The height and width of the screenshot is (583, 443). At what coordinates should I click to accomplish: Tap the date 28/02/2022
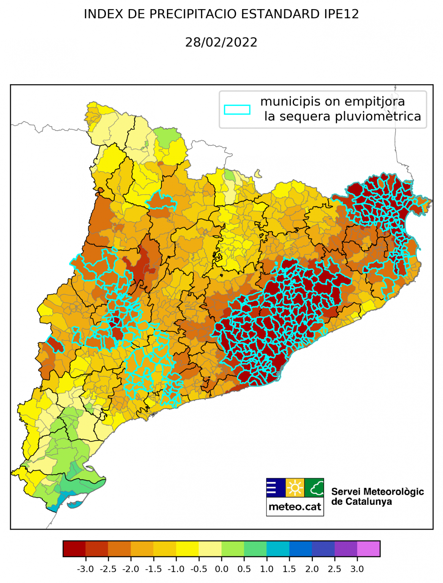(x=221, y=42)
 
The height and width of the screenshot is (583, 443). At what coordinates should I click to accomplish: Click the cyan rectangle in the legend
(x=237, y=110)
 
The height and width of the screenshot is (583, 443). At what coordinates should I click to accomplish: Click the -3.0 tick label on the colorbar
(x=85, y=569)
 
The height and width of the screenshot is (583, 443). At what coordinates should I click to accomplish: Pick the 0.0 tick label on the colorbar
(x=221, y=569)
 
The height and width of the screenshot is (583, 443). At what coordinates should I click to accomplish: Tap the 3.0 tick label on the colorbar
(x=357, y=569)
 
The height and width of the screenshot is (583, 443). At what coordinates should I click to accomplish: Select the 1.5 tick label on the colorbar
(x=289, y=569)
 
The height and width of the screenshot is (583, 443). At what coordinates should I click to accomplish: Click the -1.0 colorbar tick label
(x=176, y=569)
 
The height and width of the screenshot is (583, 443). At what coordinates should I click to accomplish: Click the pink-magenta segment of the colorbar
(x=368, y=548)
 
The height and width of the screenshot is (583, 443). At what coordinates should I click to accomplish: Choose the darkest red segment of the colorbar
(x=74, y=548)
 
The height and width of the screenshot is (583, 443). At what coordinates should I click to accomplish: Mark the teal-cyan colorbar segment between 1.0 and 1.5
(x=278, y=548)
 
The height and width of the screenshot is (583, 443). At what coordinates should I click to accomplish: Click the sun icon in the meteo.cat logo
(x=295, y=487)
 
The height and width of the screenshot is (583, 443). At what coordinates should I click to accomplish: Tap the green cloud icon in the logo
(x=314, y=487)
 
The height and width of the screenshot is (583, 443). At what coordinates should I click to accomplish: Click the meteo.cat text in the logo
(x=295, y=507)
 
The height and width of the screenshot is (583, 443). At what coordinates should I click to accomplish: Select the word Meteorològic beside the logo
(x=394, y=492)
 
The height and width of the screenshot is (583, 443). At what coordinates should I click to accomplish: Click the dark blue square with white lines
(x=276, y=487)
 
